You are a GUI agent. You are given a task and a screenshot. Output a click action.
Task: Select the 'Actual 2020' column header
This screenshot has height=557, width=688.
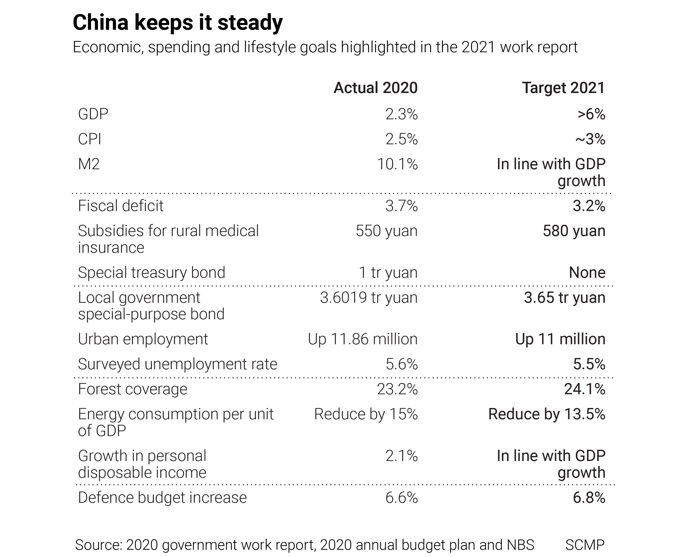pos(375,88)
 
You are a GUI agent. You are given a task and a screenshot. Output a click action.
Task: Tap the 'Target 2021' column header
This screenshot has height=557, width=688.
pos(563,88)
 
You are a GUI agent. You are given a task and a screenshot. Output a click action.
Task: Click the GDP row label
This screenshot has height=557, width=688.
pos(93,114)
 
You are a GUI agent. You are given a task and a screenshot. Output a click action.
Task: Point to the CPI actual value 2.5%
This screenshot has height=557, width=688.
pos(401,139)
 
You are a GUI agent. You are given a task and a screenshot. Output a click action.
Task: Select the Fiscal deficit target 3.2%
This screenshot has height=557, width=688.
pos(589,206)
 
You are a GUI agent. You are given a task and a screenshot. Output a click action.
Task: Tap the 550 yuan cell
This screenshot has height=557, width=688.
pos(386,231)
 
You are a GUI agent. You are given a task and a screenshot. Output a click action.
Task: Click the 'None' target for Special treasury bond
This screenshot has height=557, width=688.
pos(587,273)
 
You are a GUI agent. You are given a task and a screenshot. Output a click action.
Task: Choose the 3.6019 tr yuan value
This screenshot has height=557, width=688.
pos(369,298)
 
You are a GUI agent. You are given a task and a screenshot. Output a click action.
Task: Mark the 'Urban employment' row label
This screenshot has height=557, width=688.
pos(143,339)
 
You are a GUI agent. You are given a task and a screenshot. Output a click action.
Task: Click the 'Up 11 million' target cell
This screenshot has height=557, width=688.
pos(560,339)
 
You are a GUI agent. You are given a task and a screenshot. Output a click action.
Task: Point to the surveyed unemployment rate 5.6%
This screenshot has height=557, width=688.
pos(401,364)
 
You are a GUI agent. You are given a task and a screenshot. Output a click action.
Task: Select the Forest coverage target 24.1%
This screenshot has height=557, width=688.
pos(585,389)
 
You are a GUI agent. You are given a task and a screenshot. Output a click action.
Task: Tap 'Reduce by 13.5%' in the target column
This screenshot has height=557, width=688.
pos(547,414)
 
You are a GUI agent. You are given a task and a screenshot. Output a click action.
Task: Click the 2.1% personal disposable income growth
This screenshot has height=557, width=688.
pos(401,456)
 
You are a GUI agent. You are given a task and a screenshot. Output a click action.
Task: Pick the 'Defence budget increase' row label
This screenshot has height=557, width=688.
pos(162,498)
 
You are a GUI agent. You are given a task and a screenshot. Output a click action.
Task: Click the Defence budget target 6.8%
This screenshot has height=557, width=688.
pos(589,498)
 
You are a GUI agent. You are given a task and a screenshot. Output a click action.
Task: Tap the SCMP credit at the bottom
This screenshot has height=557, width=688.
pos(585,545)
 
